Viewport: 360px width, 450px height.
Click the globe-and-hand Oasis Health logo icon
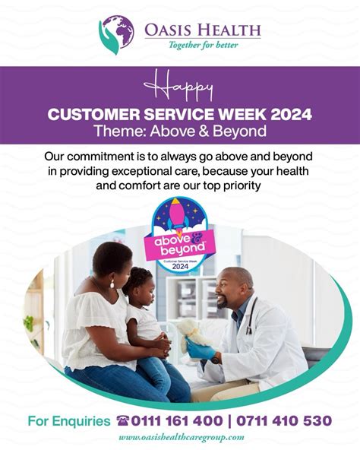point(115,33)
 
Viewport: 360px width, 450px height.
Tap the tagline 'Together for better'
point(201,45)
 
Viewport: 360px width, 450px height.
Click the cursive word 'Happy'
point(179,86)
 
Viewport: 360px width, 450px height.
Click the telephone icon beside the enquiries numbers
point(123,420)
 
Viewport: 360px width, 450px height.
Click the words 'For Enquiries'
point(68,420)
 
